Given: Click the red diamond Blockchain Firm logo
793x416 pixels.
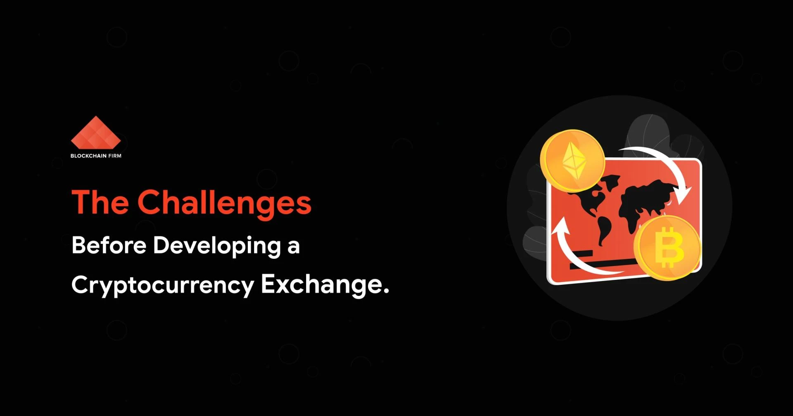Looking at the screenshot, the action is (96, 132).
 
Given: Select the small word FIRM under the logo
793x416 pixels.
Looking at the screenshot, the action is (115, 156).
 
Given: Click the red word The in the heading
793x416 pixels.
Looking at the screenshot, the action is (100, 202).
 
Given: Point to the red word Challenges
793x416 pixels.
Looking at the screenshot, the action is (224, 203).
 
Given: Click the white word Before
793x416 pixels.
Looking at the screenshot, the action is (109, 245).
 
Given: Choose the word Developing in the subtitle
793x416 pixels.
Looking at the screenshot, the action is (217, 246).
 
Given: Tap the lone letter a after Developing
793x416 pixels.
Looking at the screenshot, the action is (293, 247).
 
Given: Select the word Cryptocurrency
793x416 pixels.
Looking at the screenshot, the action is (163, 286).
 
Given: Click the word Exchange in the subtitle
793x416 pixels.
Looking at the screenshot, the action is (320, 285).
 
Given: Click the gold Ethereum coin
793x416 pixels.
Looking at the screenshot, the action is (572, 161).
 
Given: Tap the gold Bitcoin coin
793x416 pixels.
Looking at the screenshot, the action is (667, 248).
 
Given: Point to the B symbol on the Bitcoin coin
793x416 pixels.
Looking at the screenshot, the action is (670, 247).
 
